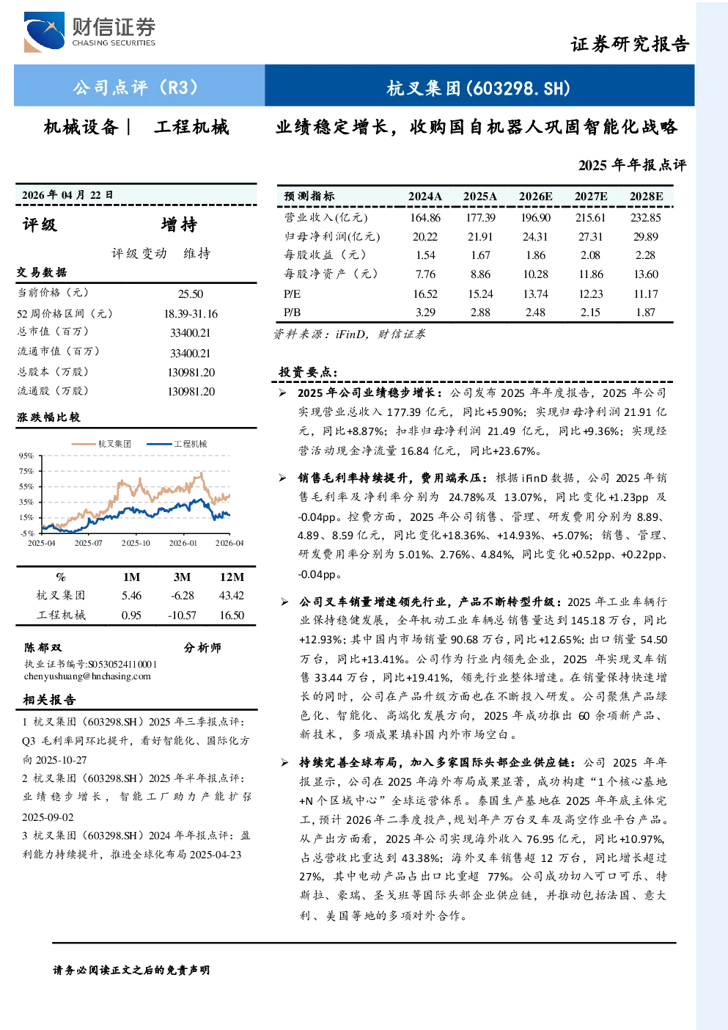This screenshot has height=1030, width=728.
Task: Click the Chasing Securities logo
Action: click(89, 32)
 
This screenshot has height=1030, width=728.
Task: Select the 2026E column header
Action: click(535, 197)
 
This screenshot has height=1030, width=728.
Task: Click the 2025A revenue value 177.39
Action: click(480, 217)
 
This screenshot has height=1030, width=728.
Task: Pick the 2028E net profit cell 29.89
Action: click(645, 237)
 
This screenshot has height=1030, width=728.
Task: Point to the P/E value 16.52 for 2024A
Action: click(425, 294)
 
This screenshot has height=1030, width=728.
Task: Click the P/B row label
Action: click(293, 313)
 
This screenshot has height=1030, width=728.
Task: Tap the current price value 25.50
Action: click(191, 294)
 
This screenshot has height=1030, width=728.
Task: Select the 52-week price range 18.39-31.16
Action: click(191, 313)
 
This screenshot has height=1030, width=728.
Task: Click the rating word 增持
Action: click(179, 224)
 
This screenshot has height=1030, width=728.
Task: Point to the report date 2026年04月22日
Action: click(67, 195)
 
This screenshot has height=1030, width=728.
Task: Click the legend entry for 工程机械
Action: click(177, 444)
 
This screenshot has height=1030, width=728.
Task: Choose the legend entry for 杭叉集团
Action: click(102, 444)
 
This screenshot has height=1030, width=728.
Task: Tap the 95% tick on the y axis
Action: click(26, 456)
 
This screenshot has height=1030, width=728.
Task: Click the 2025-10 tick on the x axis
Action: click(136, 543)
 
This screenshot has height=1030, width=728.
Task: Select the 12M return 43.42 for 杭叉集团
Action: click(231, 596)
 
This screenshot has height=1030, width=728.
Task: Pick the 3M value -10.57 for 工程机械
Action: click(182, 616)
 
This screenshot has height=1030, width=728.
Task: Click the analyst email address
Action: click(87, 676)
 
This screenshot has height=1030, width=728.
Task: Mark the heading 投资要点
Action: click(309, 372)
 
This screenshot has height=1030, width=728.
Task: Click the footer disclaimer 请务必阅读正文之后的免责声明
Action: click(131, 970)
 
